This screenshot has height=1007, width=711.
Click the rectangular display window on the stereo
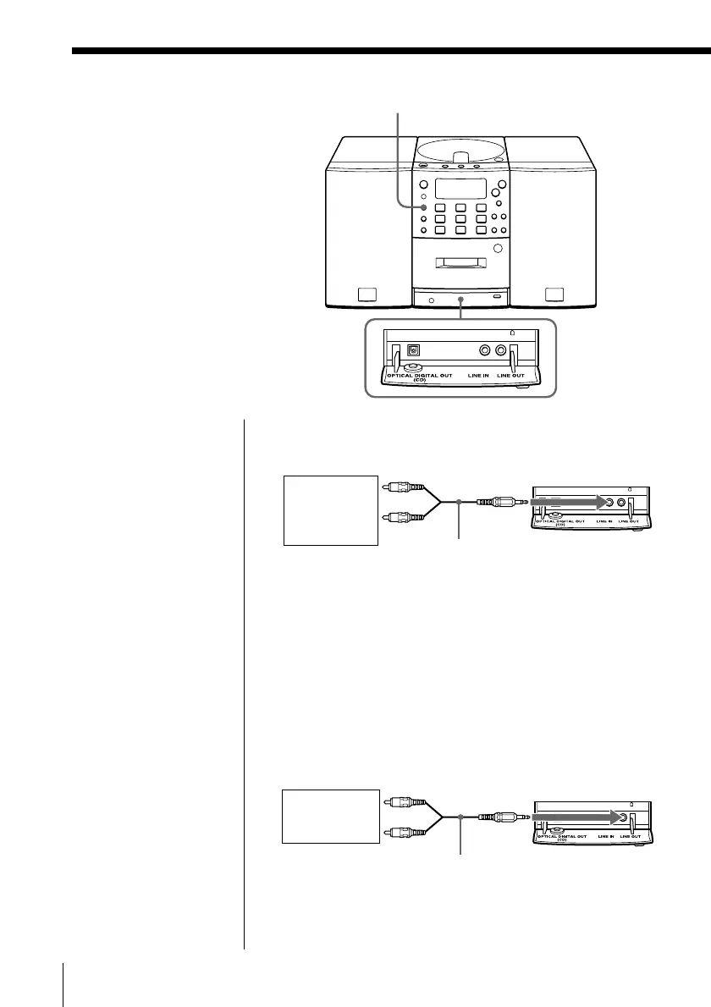click(460, 189)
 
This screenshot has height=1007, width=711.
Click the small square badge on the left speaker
click(365, 295)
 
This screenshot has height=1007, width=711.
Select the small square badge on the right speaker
click(554, 294)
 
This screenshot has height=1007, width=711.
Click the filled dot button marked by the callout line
click(423, 207)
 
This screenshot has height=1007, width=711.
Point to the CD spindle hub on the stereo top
click(461, 157)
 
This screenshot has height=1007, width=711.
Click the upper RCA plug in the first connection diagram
click(399, 487)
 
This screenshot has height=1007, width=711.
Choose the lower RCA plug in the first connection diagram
click(399, 519)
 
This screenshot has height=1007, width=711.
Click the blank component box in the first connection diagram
click(330, 509)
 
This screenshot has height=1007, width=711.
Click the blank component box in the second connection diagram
click(330, 816)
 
